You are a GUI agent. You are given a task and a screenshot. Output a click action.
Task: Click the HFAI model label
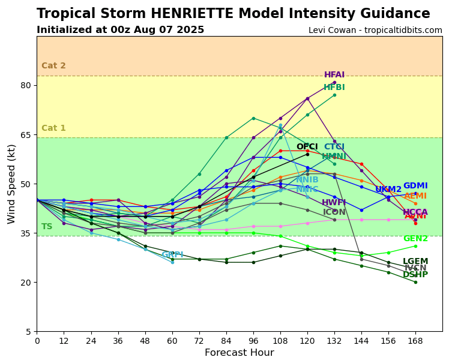click(334, 75)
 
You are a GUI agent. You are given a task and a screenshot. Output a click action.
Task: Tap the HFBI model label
click(334, 88)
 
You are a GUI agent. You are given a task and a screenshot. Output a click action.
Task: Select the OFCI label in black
click(307, 147)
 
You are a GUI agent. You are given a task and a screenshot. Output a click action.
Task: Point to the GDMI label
click(415, 186)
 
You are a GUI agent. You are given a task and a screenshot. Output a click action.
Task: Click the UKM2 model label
click(388, 190)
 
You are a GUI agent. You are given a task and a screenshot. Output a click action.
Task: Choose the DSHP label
click(415, 275)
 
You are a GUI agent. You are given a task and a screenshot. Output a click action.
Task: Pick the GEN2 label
click(415, 239)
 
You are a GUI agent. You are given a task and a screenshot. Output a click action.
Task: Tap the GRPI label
click(172, 255)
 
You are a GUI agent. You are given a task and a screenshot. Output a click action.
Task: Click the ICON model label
click(334, 212)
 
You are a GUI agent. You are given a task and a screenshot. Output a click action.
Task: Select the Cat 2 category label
click(53, 66)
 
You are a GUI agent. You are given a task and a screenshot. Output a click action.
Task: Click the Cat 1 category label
click(53, 128)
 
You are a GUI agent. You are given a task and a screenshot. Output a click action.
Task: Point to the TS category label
click(47, 227)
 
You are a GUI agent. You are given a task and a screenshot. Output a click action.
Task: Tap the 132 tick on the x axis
click(334, 340)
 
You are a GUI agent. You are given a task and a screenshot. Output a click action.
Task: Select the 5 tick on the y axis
click(28, 332)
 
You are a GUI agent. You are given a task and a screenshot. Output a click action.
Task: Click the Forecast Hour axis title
click(239, 353)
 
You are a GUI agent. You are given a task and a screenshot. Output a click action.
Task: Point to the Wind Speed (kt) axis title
click(11, 184)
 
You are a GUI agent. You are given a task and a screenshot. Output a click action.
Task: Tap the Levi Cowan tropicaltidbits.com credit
click(375, 31)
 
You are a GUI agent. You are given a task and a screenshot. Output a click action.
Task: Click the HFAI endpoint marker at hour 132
click(334, 82)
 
